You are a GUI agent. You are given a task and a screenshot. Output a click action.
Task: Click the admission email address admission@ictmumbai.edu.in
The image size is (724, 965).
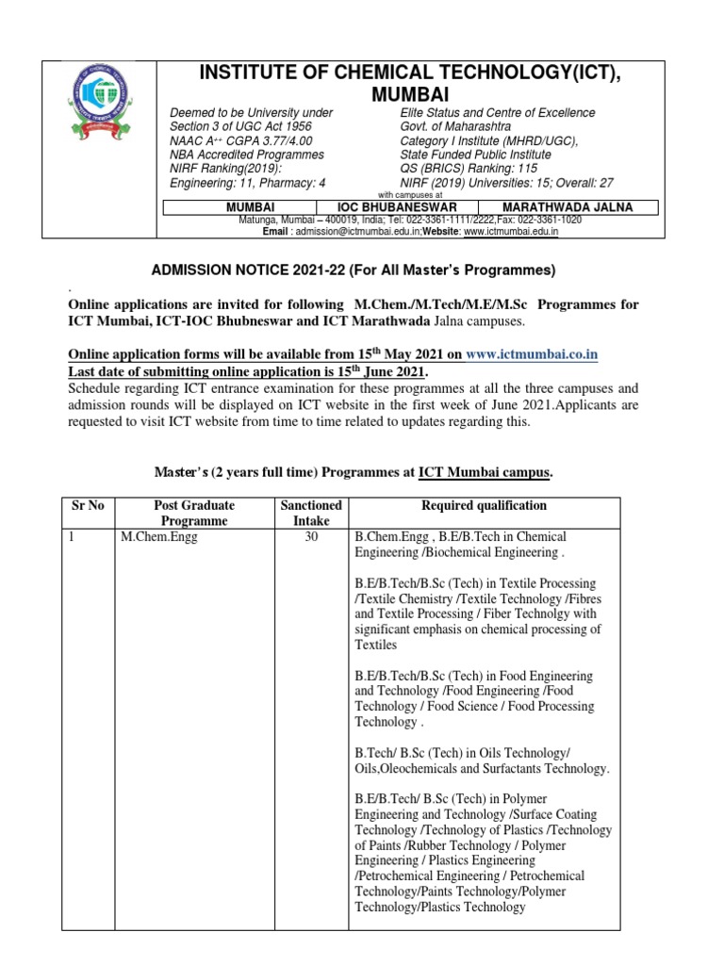coord(354,230)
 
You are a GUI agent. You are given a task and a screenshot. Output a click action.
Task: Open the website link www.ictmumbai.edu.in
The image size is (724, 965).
coord(510,230)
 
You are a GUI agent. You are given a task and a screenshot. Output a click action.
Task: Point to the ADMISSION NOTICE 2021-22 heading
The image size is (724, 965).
coord(354,270)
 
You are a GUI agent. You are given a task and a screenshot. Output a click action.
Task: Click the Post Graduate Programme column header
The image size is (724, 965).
coord(193,513)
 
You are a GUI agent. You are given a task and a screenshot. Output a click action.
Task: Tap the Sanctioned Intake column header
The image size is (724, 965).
coord(312,513)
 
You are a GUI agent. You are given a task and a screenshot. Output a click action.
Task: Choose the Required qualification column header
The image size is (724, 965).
coord(484,505)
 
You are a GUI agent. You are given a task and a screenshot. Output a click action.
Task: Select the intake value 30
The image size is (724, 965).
coord(312,537)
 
